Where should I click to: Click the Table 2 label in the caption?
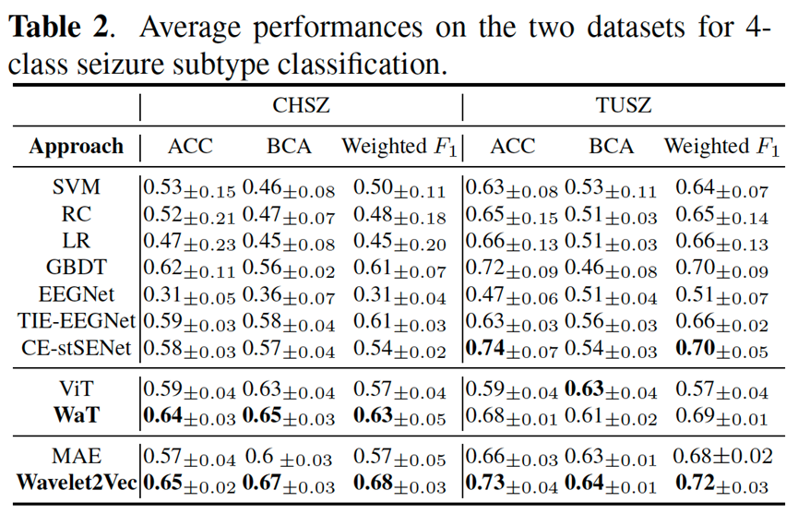[x=61, y=27]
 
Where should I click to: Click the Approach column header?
[x=76, y=147]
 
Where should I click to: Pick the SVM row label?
[x=76, y=188]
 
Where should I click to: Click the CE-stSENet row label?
[x=73, y=349]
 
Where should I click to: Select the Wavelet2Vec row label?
[x=76, y=484]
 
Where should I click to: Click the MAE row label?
[x=76, y=457]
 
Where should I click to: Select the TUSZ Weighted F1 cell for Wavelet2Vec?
[x=722, y=484]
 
